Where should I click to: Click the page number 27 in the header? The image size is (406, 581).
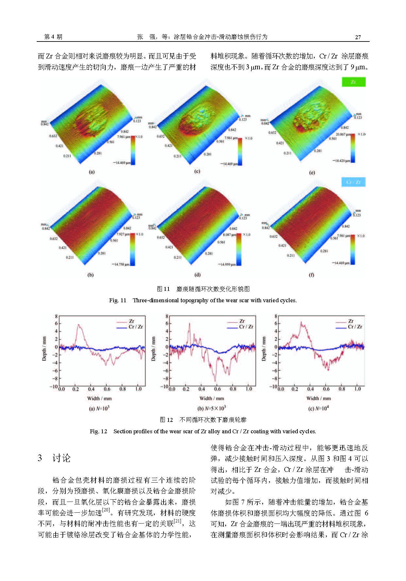click(x=358, y=37)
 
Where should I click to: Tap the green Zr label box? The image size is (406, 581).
click(x=353, y=82)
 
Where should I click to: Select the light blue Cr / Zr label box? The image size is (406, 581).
click(x=353, y=182)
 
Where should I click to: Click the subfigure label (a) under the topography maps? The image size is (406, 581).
click(x=92, y=172)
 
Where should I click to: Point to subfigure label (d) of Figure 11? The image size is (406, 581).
click(x=198, y=275)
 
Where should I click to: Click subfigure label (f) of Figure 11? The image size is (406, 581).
click(x=311, y=275)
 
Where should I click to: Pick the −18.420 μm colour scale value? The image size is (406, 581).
click(x=341, y=161)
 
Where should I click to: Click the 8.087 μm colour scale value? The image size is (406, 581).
click(x=229, y=235)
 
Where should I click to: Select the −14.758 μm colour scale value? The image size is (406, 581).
click(x=121, y=264)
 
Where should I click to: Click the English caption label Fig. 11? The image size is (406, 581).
click(x=117, y=300)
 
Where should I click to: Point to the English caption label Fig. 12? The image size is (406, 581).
click(x=98, y=431)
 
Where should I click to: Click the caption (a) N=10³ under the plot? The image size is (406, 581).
click(x=99, y=408)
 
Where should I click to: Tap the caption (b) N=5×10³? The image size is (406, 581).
click(x=211, y=408)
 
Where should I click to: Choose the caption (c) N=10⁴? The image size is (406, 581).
click(x=318, y=408)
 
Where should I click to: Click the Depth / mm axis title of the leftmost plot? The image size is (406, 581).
click(x=44, y=349)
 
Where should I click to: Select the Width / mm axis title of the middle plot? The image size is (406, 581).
click(x=212, y=398)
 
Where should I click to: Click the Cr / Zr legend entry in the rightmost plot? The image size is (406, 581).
click(x=355, y=327)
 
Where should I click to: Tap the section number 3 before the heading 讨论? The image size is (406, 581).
click(x=40, y=458)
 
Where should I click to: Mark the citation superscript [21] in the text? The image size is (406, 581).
click(x=177, y=521)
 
